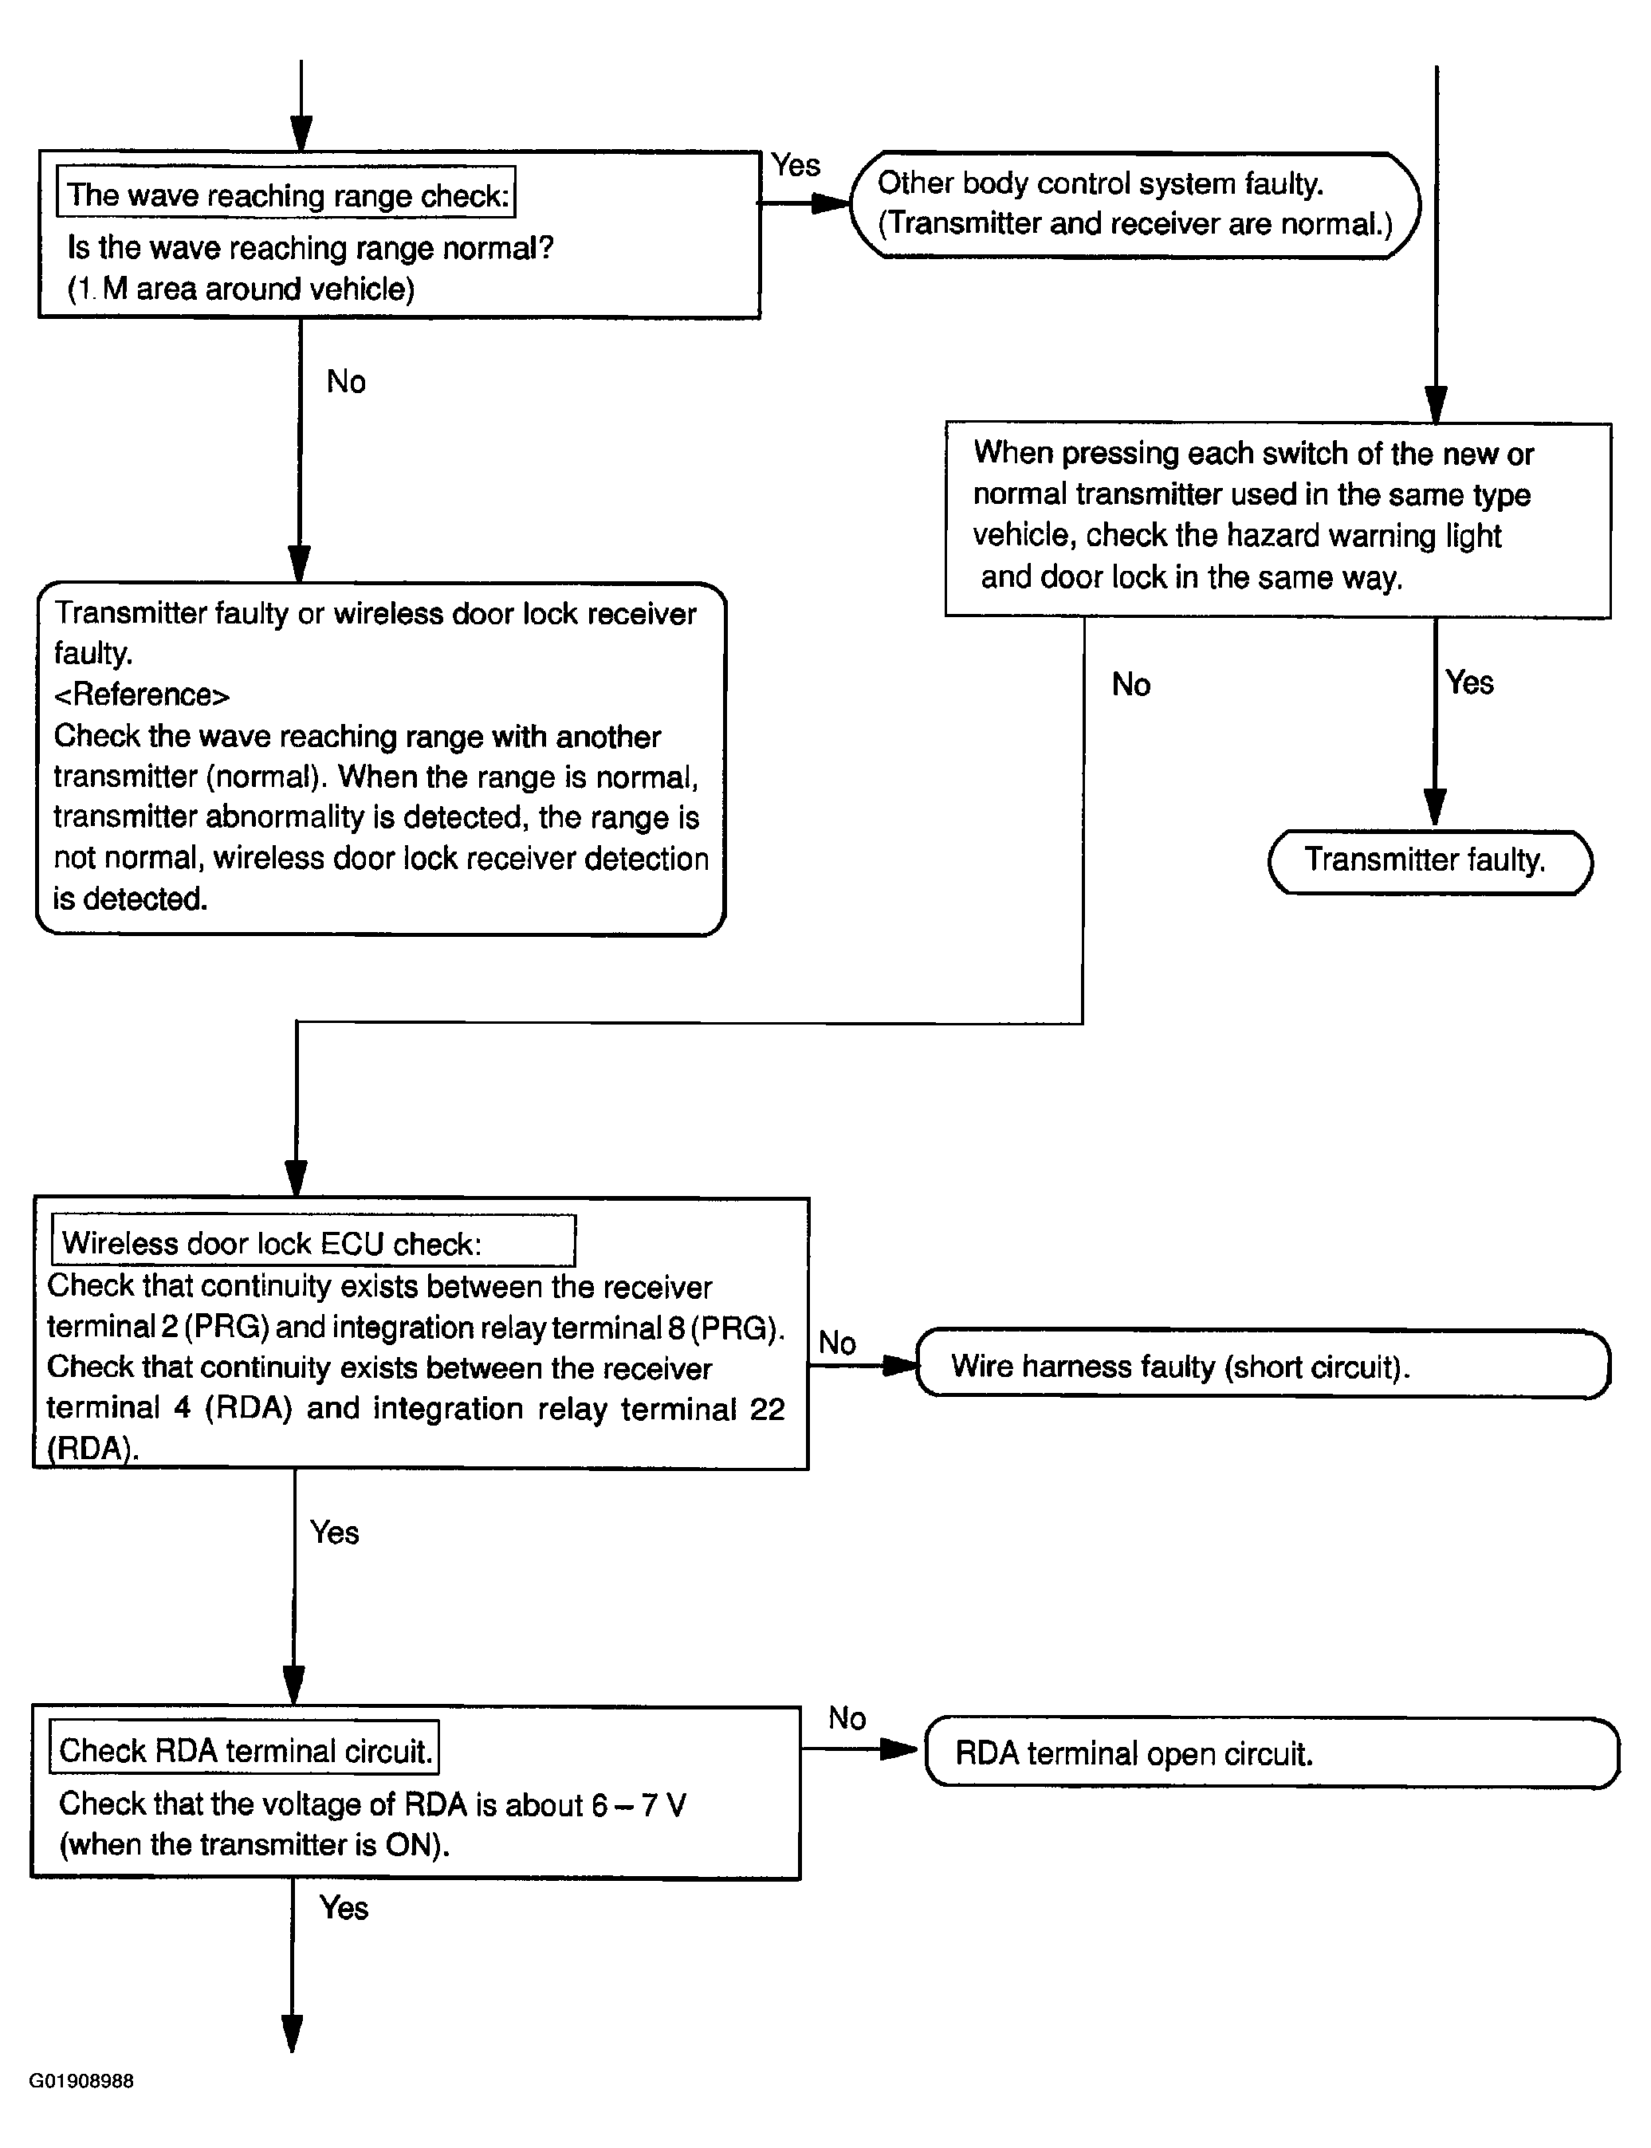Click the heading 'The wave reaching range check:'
(287, 195)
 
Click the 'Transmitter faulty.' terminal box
(1430, 862)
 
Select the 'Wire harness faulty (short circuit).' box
(1263, 1365)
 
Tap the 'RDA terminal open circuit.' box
(1272, 1753)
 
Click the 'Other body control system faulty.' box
(1135, 204)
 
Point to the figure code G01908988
(81, 2080)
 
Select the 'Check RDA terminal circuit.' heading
(246, 1750)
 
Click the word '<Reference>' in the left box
(142, 694)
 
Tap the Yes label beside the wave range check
(795, 164)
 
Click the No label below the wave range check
(346, 381)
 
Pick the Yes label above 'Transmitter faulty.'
(1469, 682)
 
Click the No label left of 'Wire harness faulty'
(837, 1342)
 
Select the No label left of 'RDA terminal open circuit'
(847, 1717)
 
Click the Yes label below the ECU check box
(334, 1532)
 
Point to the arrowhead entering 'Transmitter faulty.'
(1435, 807)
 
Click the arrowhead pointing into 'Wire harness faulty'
(899, 1365)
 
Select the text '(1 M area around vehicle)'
(241, 289)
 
